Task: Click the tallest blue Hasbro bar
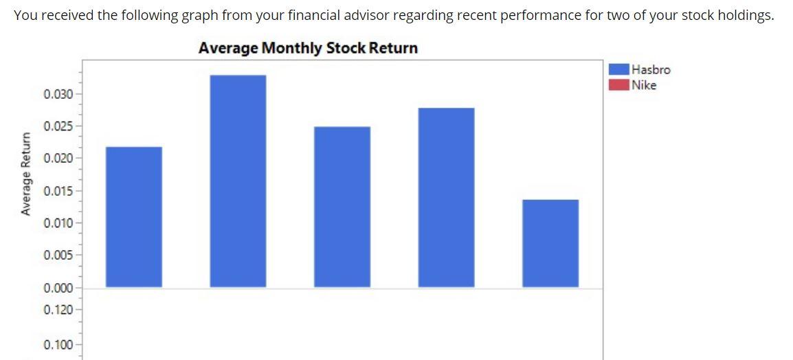coord(238,181)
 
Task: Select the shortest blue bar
coord(550,243)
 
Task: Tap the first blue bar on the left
coord(133,216)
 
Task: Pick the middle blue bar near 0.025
coord(342,206)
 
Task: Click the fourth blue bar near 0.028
coord(446,197)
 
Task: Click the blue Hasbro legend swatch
coord(619,69)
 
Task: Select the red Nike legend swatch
coord(619,85)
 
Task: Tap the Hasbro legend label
coord(651,69)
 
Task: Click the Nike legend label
coord(644,85)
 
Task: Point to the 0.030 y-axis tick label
coord(58,93)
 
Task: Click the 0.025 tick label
coord(58,126)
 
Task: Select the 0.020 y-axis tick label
coord(58,159)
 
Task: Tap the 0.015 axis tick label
coord(58,191)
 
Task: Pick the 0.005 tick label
coord(58,256)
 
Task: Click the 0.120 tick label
coord(58,310)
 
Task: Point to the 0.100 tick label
coord(58,344)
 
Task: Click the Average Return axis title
coord(26,175)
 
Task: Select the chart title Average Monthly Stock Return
coord(308,48)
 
